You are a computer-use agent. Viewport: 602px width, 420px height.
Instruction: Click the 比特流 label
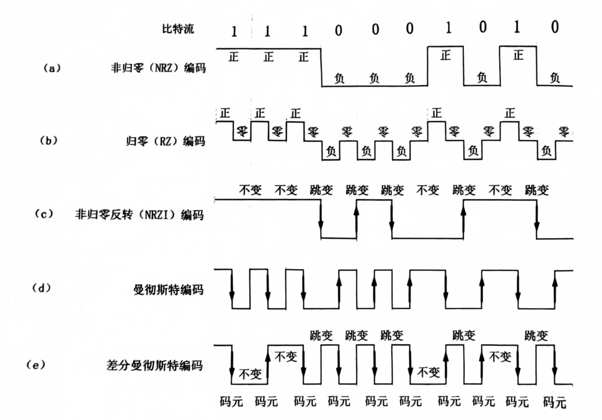tap(178, 29)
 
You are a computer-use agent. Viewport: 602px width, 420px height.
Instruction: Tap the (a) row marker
tap(52, 68)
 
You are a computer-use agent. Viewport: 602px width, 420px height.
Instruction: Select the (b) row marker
tap(48, 141)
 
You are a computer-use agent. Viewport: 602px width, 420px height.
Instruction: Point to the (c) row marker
tap(44, 214)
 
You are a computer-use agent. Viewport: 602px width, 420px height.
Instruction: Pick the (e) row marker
tap(35, 365)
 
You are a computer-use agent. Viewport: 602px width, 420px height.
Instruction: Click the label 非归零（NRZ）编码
tap(158, 68)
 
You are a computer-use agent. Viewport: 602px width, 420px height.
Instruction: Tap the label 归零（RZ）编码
tap(166, 141)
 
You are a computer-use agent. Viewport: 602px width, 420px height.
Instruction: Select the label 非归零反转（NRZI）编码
tap(139, 215)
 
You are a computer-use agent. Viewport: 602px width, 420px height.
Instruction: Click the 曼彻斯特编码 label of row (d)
tap(168, 290)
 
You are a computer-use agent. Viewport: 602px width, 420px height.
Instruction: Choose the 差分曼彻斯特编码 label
tap(154, 365)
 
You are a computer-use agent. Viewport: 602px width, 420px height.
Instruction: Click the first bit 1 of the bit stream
tap(234, 32)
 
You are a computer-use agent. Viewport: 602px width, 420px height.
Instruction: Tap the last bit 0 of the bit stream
tap(555, 27)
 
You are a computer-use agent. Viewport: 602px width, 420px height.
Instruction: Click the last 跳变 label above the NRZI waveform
tap(537, 190)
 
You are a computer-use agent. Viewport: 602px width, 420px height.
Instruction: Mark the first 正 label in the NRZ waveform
tap(233, 57)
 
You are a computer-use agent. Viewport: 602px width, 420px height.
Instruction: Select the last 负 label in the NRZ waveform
tap(555, 78)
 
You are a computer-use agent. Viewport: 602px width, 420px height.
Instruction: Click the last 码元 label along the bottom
tap(555, 402)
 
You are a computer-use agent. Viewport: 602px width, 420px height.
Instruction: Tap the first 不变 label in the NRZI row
tap(250, 190)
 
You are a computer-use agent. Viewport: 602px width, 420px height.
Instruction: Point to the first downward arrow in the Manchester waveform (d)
tap(232, 289)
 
